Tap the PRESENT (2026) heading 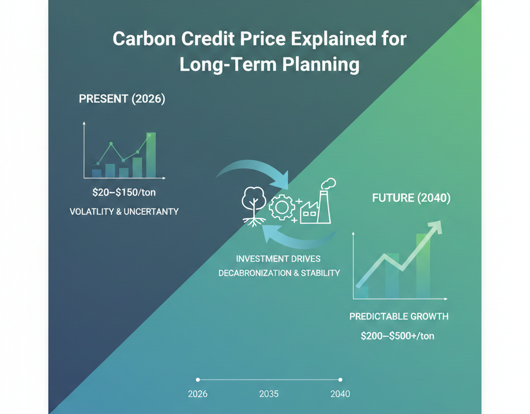122,99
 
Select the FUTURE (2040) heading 411,197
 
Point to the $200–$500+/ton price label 397,336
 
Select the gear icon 282,208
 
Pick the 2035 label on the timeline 269,394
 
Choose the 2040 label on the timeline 340,394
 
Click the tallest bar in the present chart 151,155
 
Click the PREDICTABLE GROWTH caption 399,316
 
